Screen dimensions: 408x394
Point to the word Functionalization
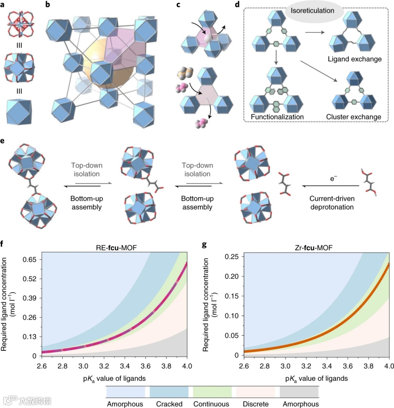click(x=278, y=117)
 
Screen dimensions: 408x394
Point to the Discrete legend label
click(x=255, y=404)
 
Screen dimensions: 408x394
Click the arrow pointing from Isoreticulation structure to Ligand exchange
click(x=314, y=33)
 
